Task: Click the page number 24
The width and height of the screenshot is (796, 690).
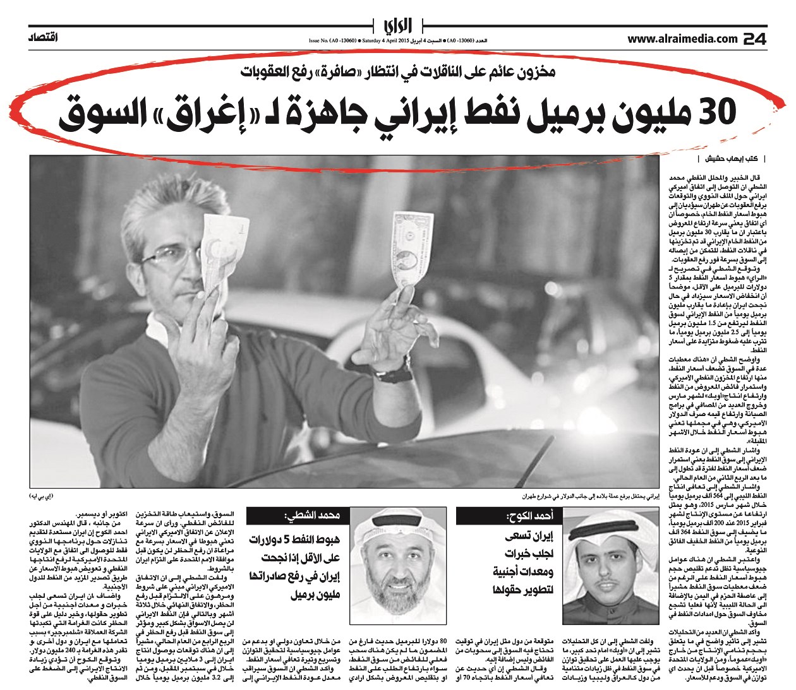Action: (x=754, y=39)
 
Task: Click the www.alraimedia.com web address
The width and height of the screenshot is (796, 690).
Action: (x=682, y=39)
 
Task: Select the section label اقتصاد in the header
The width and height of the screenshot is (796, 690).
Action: (x=44, y=39)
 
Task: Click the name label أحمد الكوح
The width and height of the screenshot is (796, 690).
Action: (x=530, y=516)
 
